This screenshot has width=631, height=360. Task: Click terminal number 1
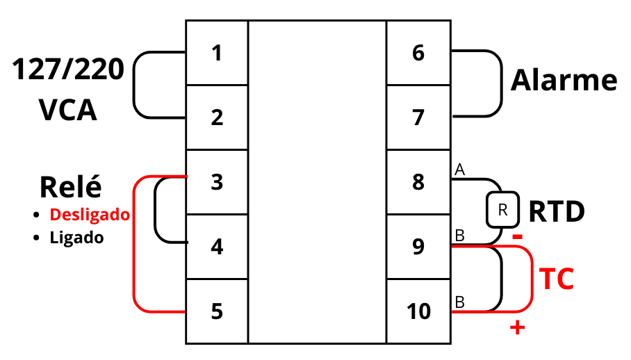click(x=217, y=53)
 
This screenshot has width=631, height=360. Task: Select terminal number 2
click(x=217, y=117)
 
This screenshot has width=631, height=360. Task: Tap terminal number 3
click(x=217, y=182)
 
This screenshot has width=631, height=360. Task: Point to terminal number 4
click(x=217, y=247)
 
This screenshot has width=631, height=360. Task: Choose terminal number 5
click(x=217, y=311)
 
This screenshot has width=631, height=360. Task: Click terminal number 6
click(x=418, y=53)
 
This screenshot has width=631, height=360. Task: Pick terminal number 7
click(x=418, y=117)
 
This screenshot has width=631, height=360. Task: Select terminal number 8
click(x=418, y=182)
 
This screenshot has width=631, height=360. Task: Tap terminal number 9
click(x=418, y=247)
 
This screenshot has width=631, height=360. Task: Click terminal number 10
click(x=418, y=311)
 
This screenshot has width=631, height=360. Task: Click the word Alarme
click(x=564, y=81)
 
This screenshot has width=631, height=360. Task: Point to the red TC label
click(x=557, y=279)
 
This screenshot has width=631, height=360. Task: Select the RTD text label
click(x=557, y=212)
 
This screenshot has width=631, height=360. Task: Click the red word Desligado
click(x=90, y=215)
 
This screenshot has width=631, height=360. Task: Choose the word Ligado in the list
click(x=76, y=238)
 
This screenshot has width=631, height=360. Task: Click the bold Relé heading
click(x=70, y=187)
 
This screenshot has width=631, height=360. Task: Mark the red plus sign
click(x=516, y=328)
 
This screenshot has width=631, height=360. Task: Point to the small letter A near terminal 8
click(x=459, y=169)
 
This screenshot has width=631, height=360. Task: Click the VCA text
click(x=67, y=111)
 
